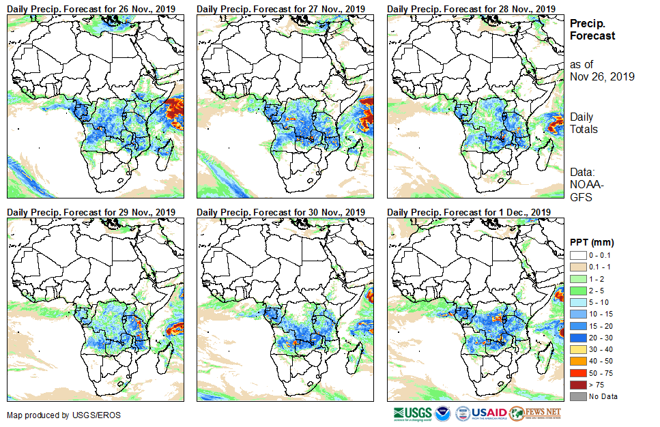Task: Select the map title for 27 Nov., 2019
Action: tap(281, 8)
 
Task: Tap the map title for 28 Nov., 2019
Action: tap(470, 8)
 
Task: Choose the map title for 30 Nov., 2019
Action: tap(281, 212)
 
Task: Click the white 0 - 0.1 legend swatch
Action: tap(577, 254)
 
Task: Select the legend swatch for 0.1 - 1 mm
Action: tap(577, 266)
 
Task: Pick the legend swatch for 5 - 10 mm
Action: tap(577, 301)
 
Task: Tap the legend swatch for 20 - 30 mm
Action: tap(577, 337)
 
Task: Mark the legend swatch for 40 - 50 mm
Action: tap(577, 361)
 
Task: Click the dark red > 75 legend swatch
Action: tap(577, 385)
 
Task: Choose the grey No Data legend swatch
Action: tap(577, 396)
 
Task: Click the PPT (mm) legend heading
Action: tap(592, 242)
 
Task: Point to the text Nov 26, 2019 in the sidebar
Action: tap(602, 76)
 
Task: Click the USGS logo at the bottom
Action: tap(412, 413)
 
